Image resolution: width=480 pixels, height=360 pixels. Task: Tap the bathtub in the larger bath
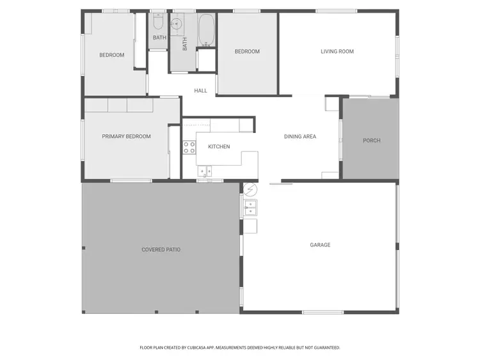point(206,29)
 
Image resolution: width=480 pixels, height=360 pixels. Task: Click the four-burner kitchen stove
point(189,148)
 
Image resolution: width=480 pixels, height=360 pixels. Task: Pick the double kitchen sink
point(205,171)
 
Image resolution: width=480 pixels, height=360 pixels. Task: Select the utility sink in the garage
point(250,207)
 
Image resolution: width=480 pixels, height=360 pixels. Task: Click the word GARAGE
point(320,245)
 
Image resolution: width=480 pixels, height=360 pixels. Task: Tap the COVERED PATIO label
point(161,249)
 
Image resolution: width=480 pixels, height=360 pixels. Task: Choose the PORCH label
point(371,141)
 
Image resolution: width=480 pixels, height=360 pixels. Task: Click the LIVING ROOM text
point(337,52)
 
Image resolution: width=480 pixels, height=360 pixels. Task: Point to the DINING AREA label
point(300,136)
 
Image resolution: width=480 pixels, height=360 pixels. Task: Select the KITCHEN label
point(219,147)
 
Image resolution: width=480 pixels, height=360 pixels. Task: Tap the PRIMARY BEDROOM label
point(126,136)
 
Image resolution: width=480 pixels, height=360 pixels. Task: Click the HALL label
point(201,91)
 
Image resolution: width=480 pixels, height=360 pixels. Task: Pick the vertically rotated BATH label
point(185,43)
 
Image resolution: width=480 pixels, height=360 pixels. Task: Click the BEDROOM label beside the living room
point(247,52)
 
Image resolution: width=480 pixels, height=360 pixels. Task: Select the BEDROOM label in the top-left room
point(111,55)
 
